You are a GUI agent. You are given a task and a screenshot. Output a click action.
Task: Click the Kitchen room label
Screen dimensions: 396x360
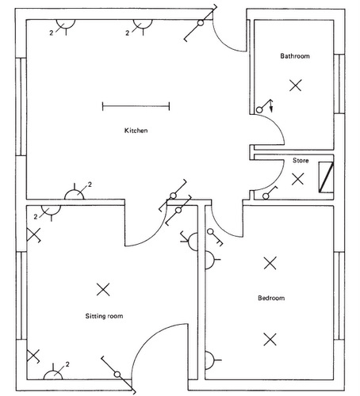[x=136, y=130]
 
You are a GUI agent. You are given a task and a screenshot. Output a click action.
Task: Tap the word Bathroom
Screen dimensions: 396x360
[x=294, y=56]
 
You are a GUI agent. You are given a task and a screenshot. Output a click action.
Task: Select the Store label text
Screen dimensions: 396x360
[x=300, y=160]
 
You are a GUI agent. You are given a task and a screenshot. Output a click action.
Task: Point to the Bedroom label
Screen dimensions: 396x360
[x=270, y=298]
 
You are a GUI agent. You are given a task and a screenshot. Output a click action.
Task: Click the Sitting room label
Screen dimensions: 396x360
[x=104, y=316]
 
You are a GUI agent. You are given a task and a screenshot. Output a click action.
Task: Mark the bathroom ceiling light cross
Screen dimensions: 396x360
[x=295, y=85]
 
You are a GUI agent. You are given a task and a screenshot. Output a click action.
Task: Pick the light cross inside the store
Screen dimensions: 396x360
[x=297, y=179]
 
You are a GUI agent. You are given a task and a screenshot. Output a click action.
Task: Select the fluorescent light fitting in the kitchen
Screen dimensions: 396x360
[x=136, y=105]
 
